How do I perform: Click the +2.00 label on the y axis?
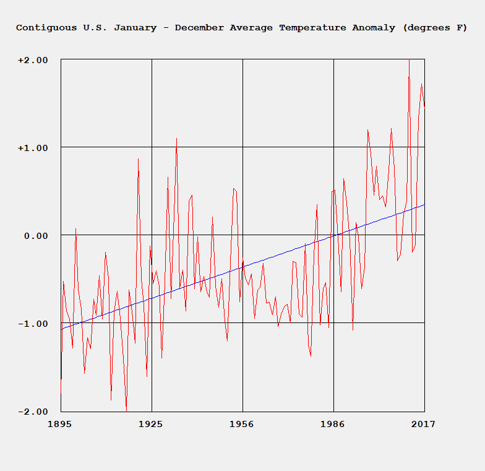coord(33,60)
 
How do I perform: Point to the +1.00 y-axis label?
coord(33,148)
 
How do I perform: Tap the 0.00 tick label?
coord(36,236)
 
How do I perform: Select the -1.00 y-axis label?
coord(33,324)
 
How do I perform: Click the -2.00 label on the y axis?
coord(33,412)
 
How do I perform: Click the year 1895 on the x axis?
coord(61,424)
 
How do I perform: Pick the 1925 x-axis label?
coord(151,424)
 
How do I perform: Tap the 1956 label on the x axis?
coord(242,424)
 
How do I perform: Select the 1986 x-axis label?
coord(333,424)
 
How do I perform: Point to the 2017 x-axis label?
coord(424,424)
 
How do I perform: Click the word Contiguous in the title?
coord(46,28)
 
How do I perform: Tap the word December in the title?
coord(199,28)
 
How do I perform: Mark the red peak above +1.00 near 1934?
coord(176,138)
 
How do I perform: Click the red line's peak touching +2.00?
coord(409,60)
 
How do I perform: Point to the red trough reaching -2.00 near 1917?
coord(126,410)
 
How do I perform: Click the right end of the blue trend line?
coord(424,204)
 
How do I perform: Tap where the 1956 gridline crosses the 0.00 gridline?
coord(242,235)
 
